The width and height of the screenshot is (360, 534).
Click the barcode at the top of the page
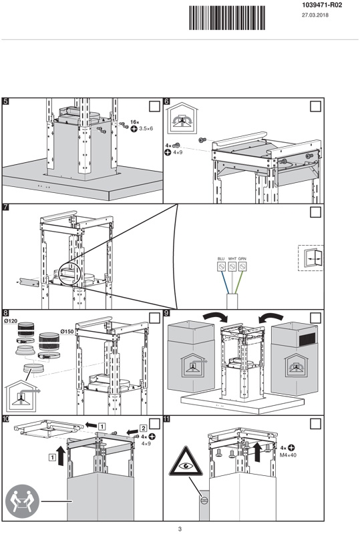(x=227, y=17)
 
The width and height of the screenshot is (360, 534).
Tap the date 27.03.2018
(x=315, y=15)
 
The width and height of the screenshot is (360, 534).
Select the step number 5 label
(x=5, y=101)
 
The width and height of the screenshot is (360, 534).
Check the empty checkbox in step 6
(x=315, y=106)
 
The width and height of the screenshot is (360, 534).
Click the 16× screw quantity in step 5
(x=135, y=122)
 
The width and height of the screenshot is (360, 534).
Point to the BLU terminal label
(x=221, y=259)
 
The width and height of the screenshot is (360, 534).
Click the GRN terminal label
(x=242, y=259)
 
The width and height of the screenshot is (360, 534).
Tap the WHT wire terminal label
(x=232, y=259)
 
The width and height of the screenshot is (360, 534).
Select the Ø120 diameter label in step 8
(x=10, y=321)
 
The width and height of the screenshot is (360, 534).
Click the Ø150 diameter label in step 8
(x=67, y=331)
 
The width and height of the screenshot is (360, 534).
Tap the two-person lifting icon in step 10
(x=22, y=501)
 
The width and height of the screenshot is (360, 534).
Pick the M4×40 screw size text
(x=288, y=455)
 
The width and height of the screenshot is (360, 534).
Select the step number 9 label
(x=166, y=313)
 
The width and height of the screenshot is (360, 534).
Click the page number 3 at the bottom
(x=180, y=529)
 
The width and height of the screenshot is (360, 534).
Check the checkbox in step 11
(x=315, y=424)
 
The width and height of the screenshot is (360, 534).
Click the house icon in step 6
(x=184, y=118)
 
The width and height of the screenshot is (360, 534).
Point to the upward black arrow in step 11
(x=257, y=452)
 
